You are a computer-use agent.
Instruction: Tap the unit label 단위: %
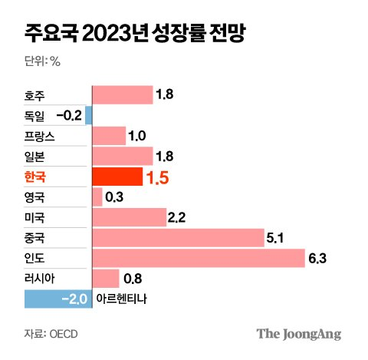pos(46,61)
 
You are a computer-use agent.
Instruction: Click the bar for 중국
pos(177,238)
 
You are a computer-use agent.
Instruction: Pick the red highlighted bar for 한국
pos(117,177)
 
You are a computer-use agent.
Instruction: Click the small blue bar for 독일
pos(89,116)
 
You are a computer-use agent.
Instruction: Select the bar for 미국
pos(129,218)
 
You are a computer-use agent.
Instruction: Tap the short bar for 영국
pos(97,197)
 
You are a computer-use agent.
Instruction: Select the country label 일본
pos(36,157)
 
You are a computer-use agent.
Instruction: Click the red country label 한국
pos(36,177)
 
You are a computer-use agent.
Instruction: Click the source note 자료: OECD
pos(51,335)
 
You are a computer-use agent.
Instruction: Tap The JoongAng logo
pos(298,334)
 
